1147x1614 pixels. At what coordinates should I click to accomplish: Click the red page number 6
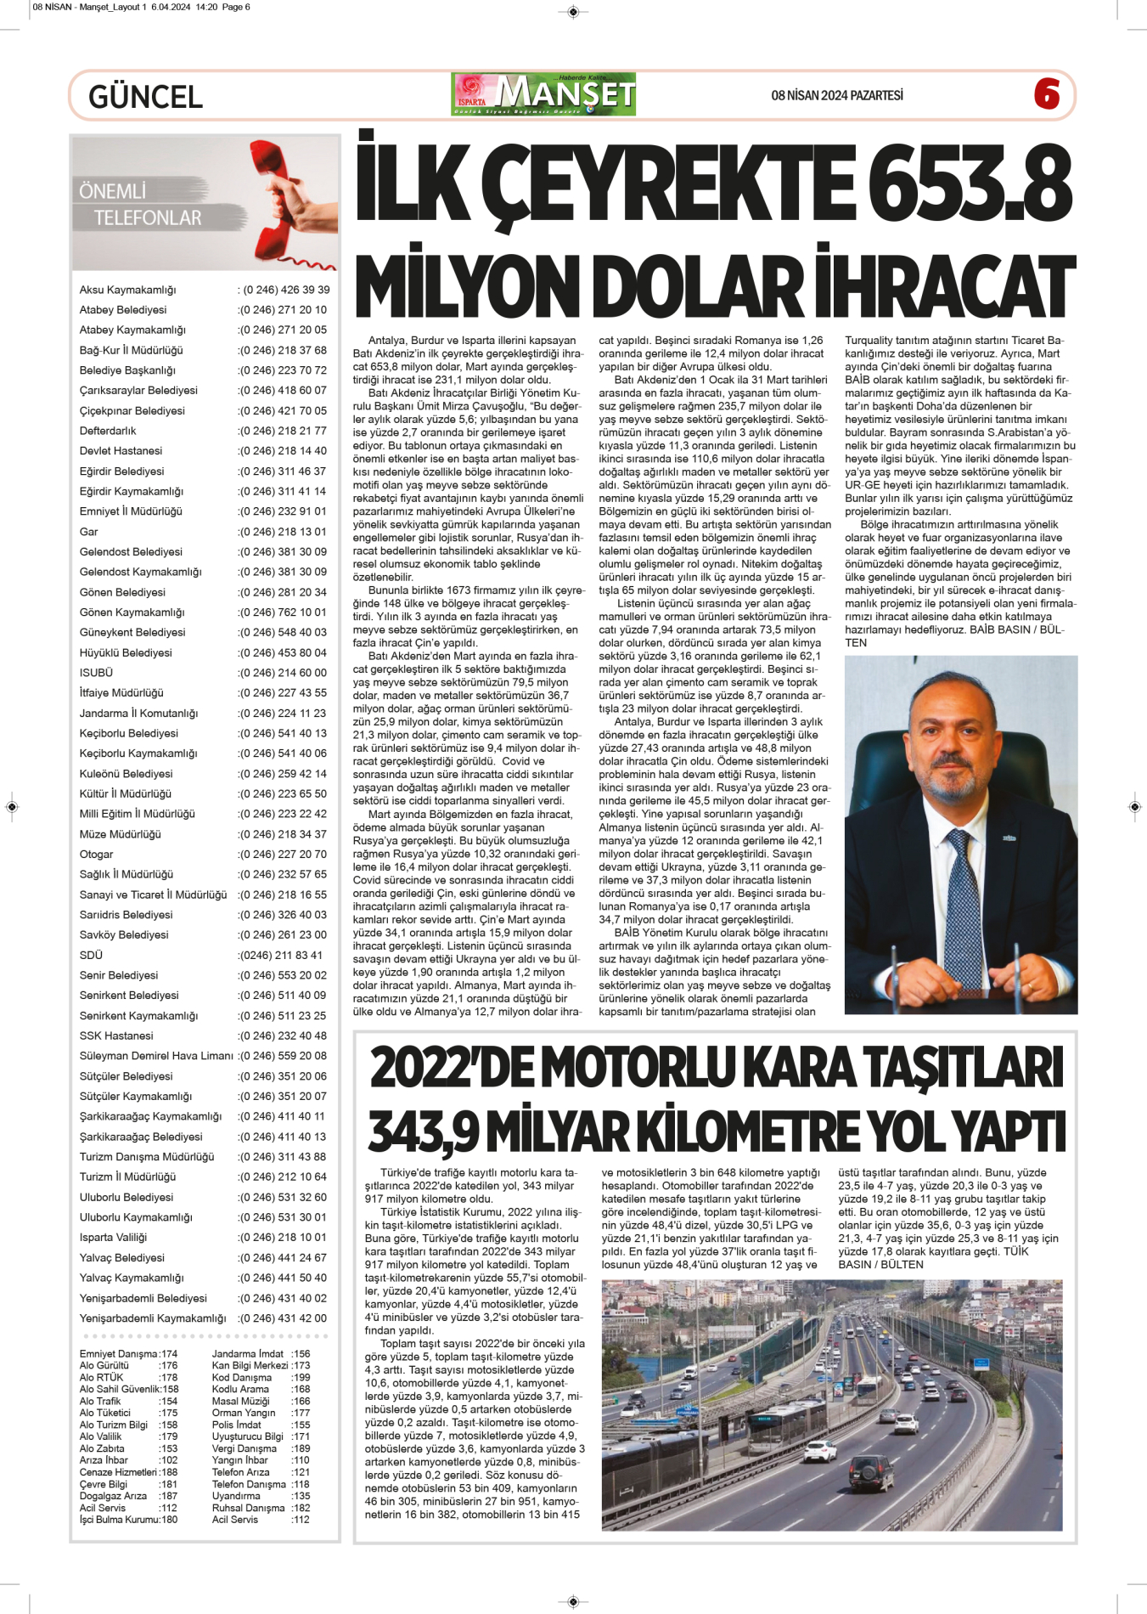click(x=1047, y=94)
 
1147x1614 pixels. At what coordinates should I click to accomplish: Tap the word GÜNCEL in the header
click(x=145, y=97)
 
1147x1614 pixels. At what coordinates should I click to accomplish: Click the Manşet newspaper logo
click(x=543, y=94)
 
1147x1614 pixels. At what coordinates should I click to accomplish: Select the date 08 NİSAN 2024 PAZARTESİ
click(x=836, y=95)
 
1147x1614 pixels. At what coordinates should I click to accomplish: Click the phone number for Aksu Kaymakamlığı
click(x=284, y=290)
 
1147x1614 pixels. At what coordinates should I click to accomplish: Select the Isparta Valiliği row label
click(x=113, y=1238)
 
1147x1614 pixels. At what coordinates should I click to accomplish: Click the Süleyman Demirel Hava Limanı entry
click(x=156, y=1056)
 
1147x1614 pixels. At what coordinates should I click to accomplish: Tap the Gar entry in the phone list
click(x=89, y=532)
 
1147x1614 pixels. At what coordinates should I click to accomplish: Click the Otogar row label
click(x=96, y=855)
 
